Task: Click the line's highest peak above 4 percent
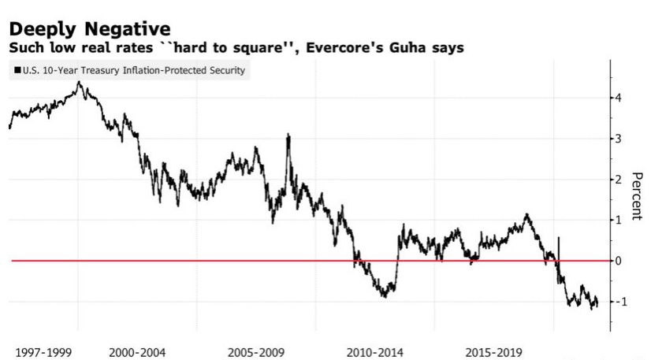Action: coord(79,82)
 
